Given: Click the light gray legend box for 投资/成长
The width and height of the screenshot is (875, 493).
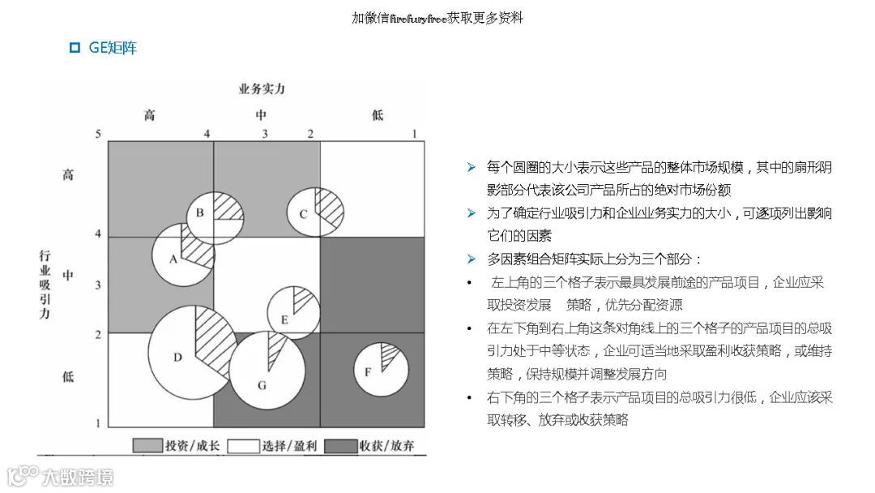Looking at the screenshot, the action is [147, 445].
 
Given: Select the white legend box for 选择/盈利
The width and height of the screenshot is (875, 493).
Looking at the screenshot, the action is [243, 445].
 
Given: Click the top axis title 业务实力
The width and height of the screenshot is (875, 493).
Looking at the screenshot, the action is [261, 88].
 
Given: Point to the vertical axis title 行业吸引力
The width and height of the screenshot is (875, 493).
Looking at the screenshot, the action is [45, 284].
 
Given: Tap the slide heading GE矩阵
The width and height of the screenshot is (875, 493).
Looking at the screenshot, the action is [113, 48].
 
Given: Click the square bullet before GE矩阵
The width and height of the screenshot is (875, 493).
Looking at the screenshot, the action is [75, 48].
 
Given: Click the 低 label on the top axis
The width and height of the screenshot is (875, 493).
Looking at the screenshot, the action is [378, 115].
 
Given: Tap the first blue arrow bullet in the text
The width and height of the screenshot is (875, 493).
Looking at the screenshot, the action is [472, 167].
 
